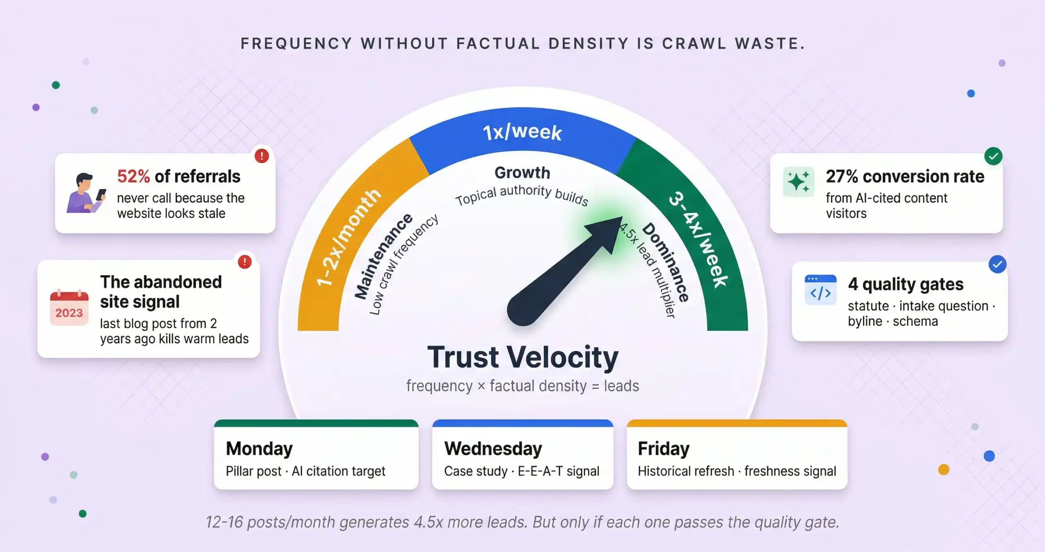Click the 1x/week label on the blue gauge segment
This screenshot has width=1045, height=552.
522,132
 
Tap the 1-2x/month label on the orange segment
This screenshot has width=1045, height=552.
349,237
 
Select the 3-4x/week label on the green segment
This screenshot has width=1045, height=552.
698,239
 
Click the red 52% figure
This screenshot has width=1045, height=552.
133,176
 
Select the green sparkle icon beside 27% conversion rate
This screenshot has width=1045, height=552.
798,182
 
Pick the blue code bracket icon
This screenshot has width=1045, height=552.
820,290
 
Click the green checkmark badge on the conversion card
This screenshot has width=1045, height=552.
993,156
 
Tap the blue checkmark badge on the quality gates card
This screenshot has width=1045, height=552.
997,265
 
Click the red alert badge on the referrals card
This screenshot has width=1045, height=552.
262,156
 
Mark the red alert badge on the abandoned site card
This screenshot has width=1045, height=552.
245,262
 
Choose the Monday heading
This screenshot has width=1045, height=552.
259,448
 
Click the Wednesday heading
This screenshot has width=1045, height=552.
493,448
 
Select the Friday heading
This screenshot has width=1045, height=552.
663,448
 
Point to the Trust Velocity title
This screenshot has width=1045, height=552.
522,357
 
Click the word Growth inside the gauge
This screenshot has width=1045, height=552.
522,173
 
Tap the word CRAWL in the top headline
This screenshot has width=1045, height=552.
694,44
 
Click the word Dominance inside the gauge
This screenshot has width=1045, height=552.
666,262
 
